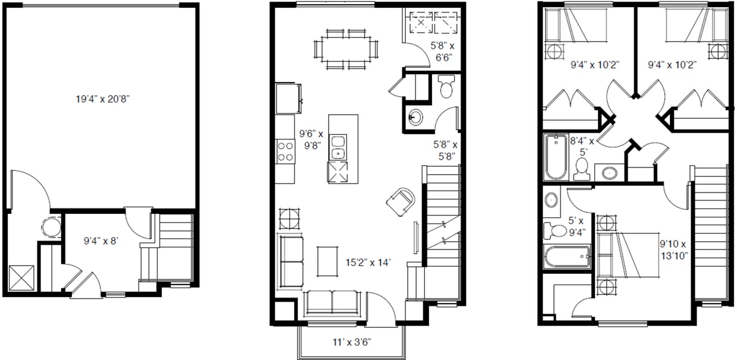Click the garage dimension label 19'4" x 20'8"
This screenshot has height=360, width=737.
click(x=103, y=99)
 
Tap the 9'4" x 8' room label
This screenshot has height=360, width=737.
click(x=100, y=241)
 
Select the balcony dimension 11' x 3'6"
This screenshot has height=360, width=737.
click(x=352, y=342)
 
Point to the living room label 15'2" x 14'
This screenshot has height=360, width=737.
click(x=368, y=263)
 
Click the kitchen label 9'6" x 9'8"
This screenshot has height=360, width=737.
click(x=311, y=140)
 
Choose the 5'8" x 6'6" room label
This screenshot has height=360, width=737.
click(x=443, y=52)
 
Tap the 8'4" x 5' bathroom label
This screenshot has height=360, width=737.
click(x=582, y=147)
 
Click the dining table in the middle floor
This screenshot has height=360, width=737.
click(x=346, y=49)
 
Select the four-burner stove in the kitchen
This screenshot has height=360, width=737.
click(x=285, y=151)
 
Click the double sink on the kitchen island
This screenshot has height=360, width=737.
click(x=338, y=147)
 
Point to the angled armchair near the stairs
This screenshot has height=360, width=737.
click(x=401, y=201)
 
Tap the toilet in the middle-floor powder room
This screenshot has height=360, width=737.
click(x=446, y=86)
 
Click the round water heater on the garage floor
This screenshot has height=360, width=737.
click(x=51, y=227)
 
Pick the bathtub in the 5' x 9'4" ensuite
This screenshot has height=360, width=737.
click(x=566, y=257)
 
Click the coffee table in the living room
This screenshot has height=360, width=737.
click(x=327, y=262)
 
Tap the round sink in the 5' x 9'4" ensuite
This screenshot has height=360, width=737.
click(x=551, y=200)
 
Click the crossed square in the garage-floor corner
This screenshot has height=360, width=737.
click(x=21, y=278)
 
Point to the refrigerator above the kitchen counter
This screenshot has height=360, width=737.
click(x=288, y=99)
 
